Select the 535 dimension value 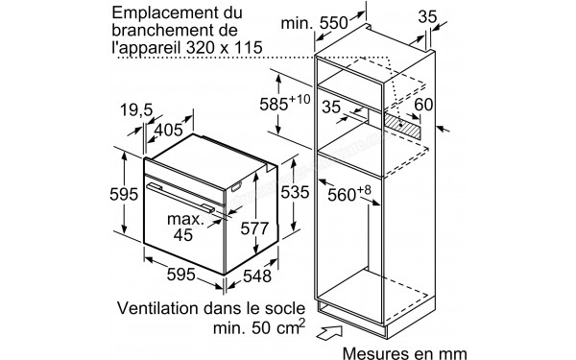296,192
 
